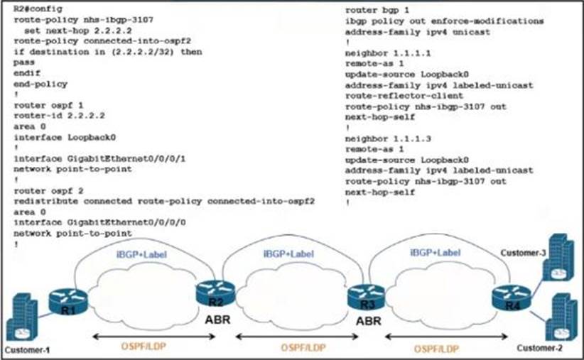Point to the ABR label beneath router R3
(368, 321)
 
